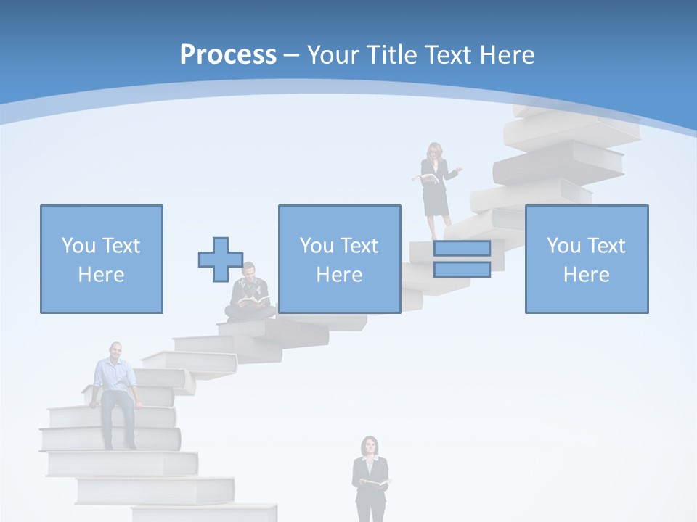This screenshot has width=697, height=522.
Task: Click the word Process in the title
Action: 228,55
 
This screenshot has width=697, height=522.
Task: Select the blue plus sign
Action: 221,260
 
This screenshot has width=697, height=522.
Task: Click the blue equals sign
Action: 462,259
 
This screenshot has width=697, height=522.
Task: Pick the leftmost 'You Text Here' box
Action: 101,259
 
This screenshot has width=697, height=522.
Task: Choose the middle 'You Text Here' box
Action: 339,259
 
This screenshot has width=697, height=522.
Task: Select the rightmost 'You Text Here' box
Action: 586,259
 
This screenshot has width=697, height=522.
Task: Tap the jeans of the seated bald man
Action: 117,413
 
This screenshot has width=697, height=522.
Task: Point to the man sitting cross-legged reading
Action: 250,294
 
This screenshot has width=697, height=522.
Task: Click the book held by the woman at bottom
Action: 375,482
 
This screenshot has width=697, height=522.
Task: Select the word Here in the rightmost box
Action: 586,275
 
